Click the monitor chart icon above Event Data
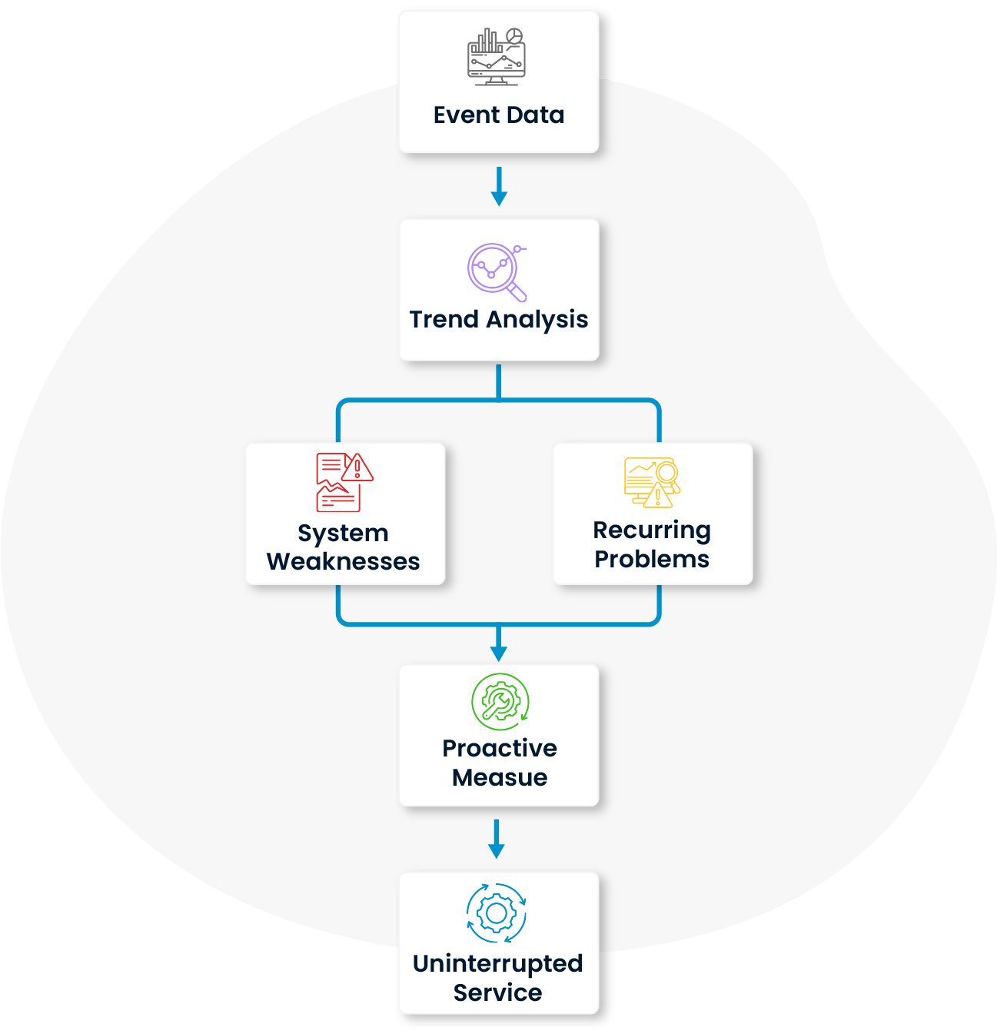click(x=497, y=56)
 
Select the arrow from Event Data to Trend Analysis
click(x=499, y=187)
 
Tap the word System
click(x=343, y=533)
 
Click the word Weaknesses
click(x=343, y=562)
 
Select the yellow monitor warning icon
click(x=652, y=482)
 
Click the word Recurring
click(x=652, y=530)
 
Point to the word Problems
click(x=652, y=559)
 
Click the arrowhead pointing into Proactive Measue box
click(x=499, y=653)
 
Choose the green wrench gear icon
click(x=500, y=701)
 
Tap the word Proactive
click(x=500, y=748)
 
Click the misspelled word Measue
click(x=500, y=777)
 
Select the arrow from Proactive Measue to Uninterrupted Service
click(x=497, y=839)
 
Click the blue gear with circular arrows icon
click(x=497, y=913)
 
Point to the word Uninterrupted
click(x=497, y=964)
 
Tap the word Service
click(x=497, y=992)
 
